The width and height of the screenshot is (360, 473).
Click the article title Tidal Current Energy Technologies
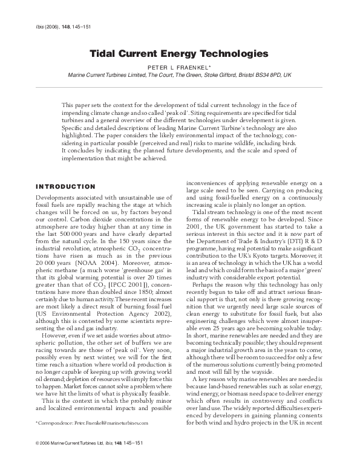[x=179, y=54]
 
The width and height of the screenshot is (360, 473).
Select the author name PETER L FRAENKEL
[x=180, y=68]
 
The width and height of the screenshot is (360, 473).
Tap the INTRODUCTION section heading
[x=65, y=186]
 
